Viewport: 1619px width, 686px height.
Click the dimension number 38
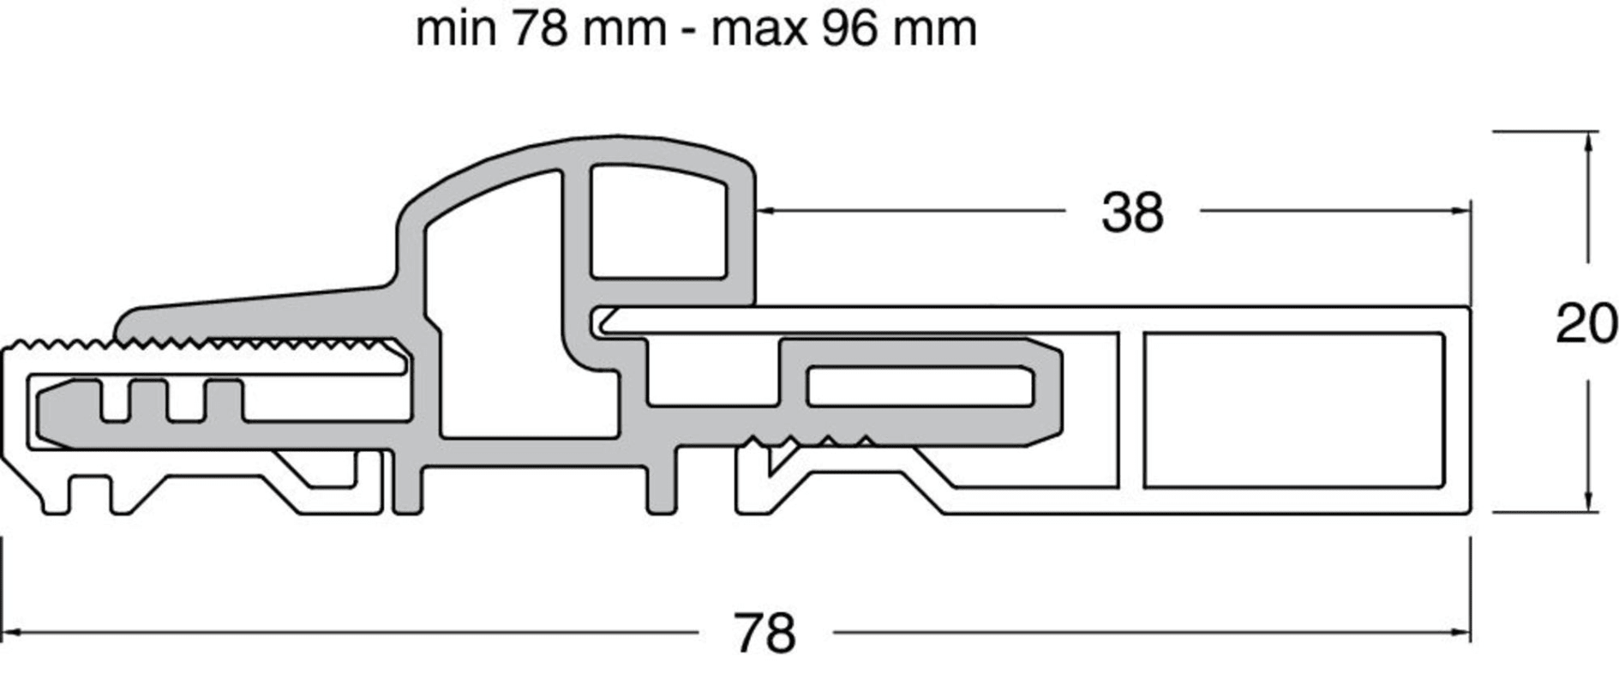tap(1132, 213)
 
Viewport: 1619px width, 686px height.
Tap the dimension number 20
tap(1586, 325)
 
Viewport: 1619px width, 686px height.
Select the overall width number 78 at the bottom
tap(765, 635)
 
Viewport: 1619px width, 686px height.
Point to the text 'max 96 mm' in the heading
tap(844, 29)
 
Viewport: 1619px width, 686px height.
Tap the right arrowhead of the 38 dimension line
tap(1460, 210)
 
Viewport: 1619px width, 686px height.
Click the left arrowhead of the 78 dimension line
tap(13, 633)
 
